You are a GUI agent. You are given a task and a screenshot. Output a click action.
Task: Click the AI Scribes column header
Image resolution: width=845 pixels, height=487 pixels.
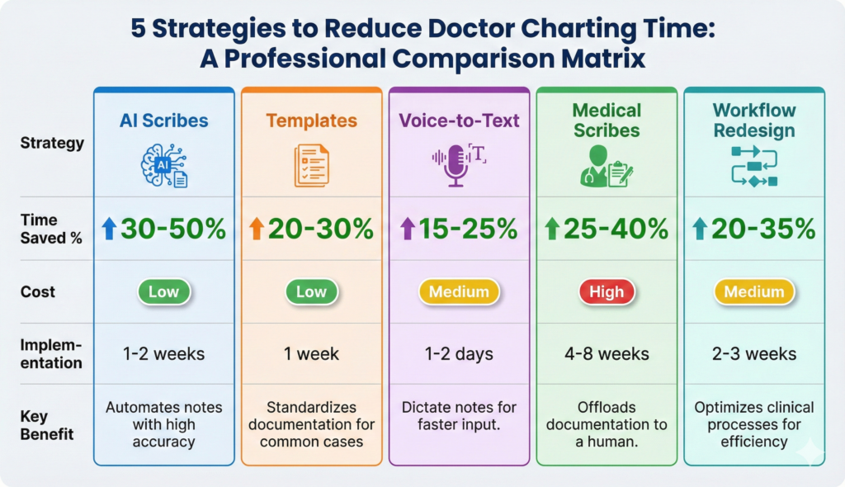(163, 121)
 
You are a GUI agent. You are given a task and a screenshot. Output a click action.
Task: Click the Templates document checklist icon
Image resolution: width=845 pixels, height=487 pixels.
(311, 164)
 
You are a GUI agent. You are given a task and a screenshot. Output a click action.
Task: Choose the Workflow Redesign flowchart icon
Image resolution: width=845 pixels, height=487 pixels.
(753, 164)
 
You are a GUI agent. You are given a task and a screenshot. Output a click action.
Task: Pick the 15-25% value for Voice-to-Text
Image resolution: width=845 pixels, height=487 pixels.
(469, 229)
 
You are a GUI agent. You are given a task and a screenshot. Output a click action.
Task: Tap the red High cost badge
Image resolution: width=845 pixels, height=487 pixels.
(607, 291)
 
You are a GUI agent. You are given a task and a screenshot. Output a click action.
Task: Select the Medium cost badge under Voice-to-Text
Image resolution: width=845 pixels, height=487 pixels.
(459, 291)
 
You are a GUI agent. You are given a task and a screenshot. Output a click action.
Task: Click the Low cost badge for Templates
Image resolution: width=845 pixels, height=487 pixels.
(311, 291)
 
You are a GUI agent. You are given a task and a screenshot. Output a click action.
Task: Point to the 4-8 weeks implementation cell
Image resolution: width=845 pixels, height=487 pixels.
(607, 354)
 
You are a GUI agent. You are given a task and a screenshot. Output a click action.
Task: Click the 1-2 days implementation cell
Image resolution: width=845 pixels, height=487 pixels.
(459, 354)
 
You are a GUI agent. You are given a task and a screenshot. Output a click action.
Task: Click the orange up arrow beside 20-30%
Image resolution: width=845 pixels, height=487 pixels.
(256, 229)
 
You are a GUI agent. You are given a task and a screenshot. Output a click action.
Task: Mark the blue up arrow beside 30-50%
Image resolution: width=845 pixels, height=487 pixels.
(108, 229)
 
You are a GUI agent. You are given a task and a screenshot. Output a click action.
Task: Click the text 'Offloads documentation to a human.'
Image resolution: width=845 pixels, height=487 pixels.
(607, 424)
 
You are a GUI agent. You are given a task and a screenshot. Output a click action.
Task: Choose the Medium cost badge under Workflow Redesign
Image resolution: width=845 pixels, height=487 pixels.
(753, 291)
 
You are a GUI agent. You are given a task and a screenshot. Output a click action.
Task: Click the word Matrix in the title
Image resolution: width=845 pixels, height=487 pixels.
(604, 60)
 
